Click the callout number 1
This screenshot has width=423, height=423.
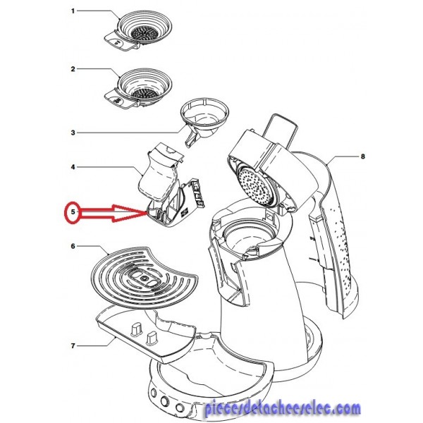coord(73,12)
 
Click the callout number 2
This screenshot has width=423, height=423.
coord(73,69)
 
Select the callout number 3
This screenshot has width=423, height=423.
coord(73,132)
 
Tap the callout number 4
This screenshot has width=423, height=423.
coord(73,168)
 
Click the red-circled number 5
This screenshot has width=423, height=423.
coord(70,211)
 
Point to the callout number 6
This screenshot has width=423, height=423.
coord(73,246)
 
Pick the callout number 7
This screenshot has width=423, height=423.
coord(73,346)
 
